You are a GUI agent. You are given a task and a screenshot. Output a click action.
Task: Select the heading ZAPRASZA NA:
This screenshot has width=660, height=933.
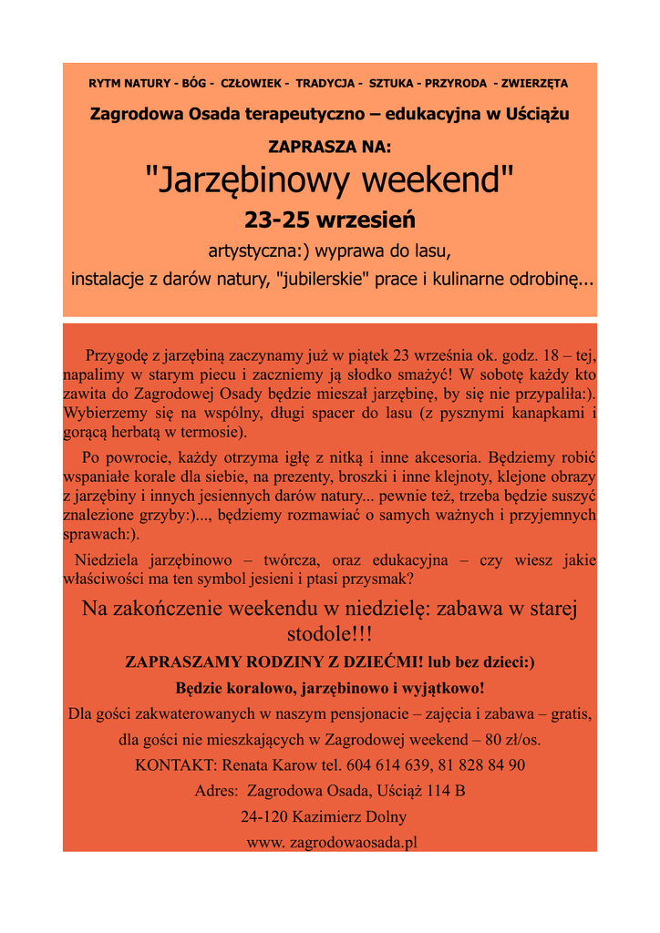(x=329, y=146)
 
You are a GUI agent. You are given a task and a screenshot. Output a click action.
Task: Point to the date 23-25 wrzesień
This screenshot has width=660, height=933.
(x=329, y=220)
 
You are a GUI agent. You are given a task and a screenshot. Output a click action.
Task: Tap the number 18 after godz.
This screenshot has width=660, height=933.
(x=551, y=354)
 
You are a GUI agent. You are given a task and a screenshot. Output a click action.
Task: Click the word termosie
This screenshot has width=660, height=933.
(x=212, y=431)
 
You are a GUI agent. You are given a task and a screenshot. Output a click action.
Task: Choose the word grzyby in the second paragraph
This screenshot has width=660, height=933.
(x=162, y=516)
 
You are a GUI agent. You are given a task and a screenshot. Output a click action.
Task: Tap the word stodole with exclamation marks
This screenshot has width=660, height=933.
(x=329, y=633)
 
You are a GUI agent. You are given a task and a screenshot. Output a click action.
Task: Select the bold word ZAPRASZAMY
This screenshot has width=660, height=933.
(x=189, y=662)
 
